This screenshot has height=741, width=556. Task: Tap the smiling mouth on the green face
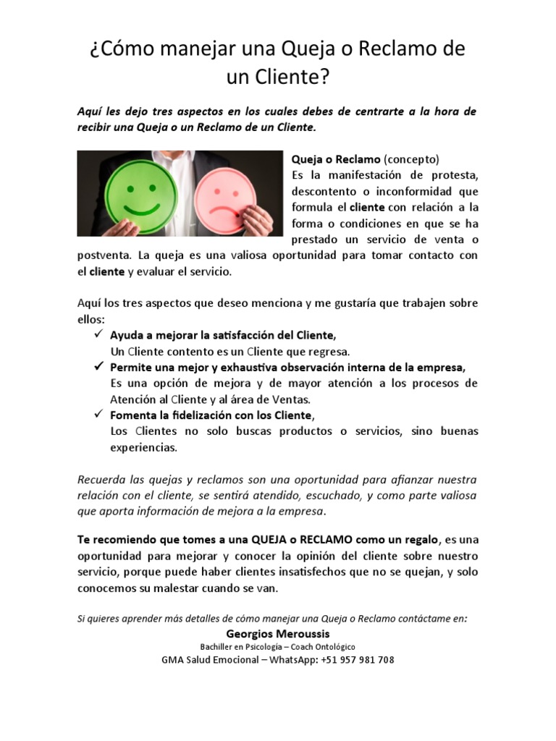141,208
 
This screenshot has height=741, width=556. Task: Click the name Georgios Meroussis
277,632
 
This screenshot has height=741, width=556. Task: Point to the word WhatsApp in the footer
292,660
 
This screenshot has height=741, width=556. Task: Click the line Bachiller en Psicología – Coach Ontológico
277,646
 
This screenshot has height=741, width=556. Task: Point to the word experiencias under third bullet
143,447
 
